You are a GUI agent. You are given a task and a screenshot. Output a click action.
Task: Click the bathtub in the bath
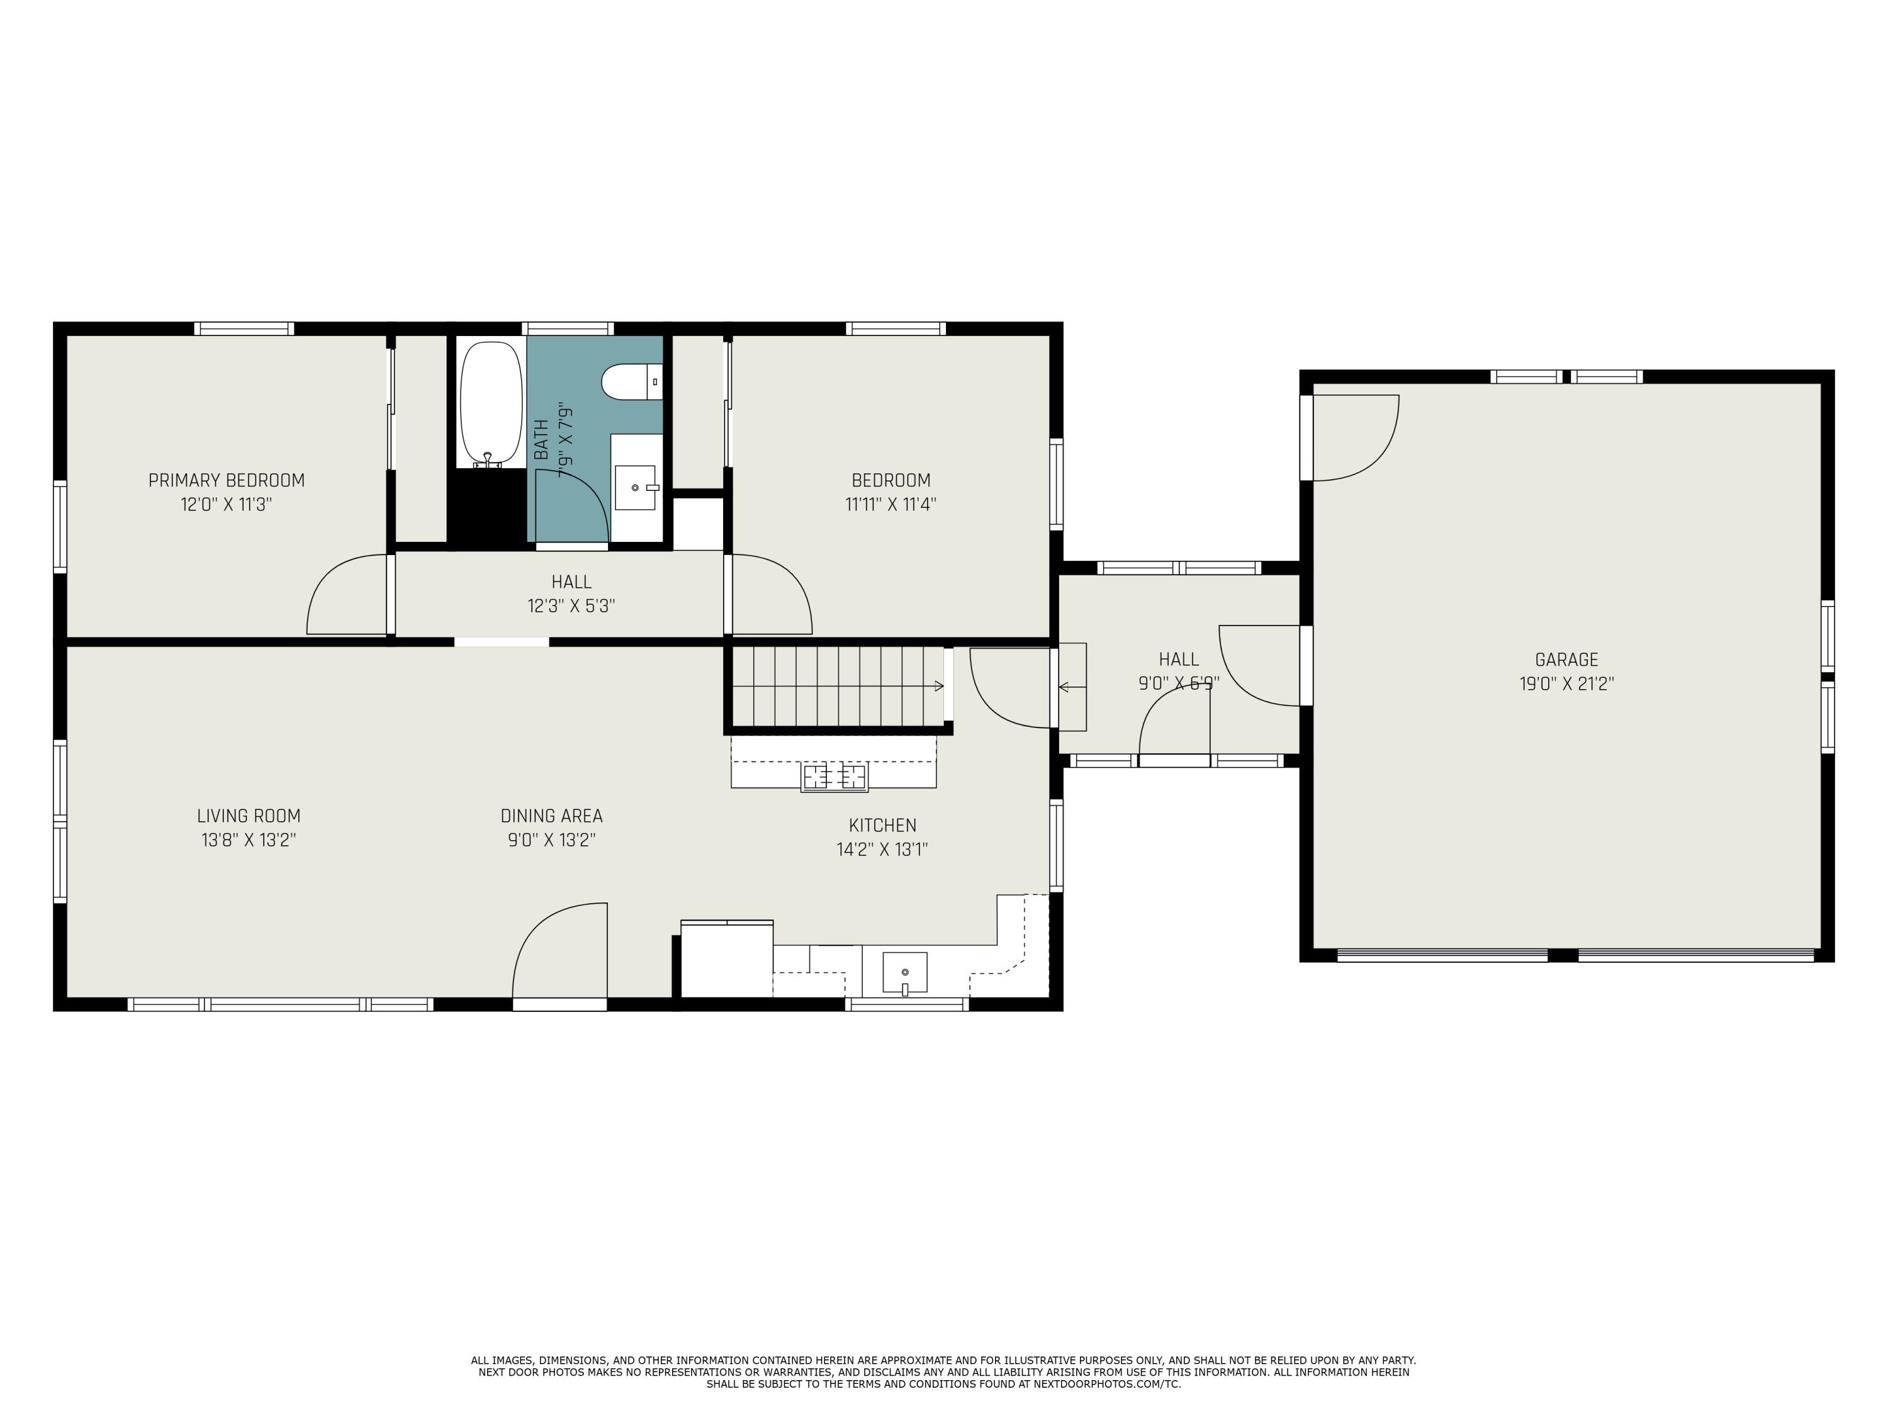(491, 404)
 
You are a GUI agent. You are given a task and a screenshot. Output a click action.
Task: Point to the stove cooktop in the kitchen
(834, 778)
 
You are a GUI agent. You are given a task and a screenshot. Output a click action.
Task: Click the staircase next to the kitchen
(839, 685)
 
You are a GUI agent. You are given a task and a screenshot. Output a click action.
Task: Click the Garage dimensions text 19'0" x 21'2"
(1566, 683)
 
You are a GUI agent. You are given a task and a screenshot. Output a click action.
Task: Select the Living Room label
(249, 816)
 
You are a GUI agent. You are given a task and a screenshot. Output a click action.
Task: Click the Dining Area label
(551, 816)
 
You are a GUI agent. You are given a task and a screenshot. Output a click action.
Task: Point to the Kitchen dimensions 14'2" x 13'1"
(882, 849)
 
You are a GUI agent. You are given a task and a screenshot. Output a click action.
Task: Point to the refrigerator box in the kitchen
(726, 959)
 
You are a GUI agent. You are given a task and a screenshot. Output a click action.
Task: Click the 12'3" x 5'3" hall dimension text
(571, 606)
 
